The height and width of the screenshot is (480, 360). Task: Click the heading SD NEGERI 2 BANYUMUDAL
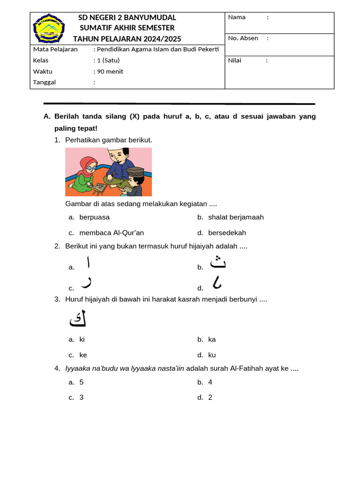pyautogui.click(x=127, y=17)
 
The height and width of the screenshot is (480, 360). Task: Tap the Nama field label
pyautogui.click(x=237, y=17)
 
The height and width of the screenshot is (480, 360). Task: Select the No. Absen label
pyautogui.click(x=243, y=38)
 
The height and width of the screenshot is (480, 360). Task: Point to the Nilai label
pyautogui.click(x=234, y=60)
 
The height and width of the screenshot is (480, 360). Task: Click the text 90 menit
pyautogui.click(x=110, y=71)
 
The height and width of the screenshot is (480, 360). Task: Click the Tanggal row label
pyautogui.click(x=45, y=82)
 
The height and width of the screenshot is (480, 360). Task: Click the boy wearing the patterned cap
pyautogui.click(x=133, y=181)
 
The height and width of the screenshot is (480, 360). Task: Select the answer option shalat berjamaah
pyautogui.click(x=236, y=217)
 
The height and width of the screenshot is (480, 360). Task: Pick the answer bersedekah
pyautogui.click(x=227, y=232)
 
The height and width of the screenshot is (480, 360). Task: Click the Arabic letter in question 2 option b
pyautogui.click(x=218, y=263)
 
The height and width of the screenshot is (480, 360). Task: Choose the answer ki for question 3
pyautogui.click(x=82, y=339)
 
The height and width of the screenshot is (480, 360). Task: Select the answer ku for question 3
pyautogui.click(x=212, y=355)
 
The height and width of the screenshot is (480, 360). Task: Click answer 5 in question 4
pyautogui.click(x=82, y=382)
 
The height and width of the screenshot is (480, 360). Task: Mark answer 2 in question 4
pyautogui.click(x=210, y=397)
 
